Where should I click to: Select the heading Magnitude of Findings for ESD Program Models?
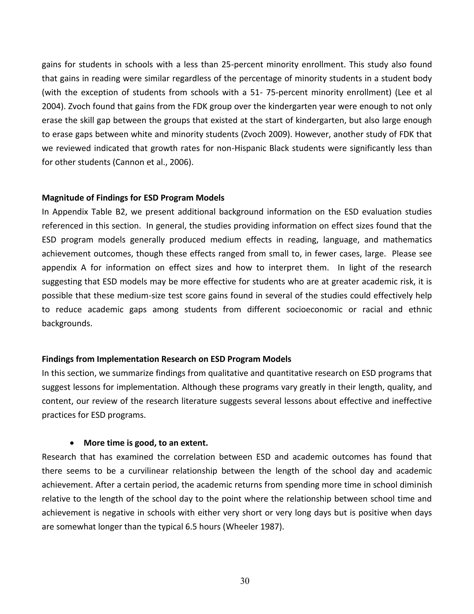click(133, 198)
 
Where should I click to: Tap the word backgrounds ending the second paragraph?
click(67, 323)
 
